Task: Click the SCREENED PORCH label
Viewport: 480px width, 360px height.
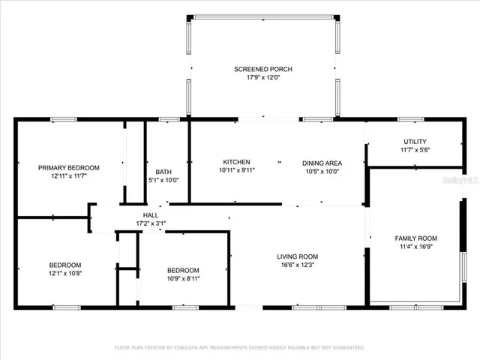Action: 262,69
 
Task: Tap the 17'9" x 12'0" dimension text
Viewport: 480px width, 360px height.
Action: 262,78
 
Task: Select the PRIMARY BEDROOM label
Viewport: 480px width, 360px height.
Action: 69,168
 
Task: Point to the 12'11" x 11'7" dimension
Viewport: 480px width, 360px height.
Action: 69,176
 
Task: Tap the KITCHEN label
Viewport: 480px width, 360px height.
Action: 236,162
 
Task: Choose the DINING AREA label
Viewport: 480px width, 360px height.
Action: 322,163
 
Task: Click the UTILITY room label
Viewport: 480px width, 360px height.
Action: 415,141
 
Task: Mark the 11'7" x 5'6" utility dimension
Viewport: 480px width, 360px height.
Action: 415,150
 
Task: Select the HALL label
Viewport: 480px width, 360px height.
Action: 151,215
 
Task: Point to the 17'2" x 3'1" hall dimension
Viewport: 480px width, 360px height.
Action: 151,223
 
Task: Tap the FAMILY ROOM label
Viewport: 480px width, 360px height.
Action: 415,238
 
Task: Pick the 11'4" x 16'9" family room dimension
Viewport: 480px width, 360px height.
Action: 415,247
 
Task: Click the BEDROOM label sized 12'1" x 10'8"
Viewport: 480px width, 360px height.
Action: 65,265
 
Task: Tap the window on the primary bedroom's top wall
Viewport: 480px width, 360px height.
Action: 63,119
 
